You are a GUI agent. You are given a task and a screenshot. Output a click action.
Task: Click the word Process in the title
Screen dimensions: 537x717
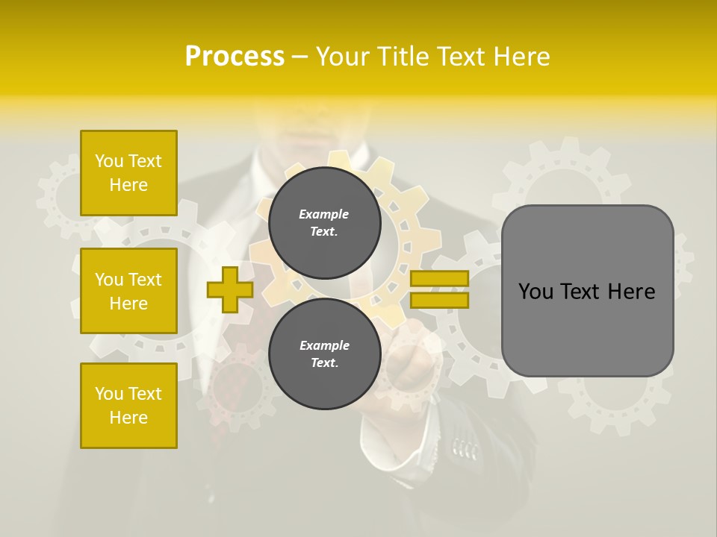[x=235, y=57]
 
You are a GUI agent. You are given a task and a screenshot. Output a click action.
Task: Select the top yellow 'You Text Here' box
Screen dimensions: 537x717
[x=128, y=173]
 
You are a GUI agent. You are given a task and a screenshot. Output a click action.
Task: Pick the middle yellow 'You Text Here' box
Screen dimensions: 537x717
[x=128, y=291]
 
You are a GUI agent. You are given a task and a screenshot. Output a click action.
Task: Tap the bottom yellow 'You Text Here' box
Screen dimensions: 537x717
[x=128, y=406]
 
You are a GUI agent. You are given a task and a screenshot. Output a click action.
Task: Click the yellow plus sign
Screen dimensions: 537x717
[x=230, y=289]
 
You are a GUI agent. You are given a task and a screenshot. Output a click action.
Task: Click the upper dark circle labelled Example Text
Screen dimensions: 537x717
[x=324, y=222]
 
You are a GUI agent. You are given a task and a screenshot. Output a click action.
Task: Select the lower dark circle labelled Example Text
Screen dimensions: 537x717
[x=324, y=354]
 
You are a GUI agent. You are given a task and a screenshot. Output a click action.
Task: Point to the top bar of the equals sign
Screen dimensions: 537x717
[x=439, y=279]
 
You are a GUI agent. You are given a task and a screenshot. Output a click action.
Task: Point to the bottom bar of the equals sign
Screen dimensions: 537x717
[x=439, y=300]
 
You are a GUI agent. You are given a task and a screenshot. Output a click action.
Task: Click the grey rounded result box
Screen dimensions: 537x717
[x=587, y=291]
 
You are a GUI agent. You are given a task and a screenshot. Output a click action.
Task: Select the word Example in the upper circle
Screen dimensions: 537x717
[x=324, y=214]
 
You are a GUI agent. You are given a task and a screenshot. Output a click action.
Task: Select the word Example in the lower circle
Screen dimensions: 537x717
[x=324, y=345]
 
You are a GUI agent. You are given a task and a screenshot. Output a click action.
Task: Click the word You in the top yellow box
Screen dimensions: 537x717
[x=109, y=161]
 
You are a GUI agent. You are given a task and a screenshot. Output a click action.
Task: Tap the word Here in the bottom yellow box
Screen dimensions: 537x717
[x=128, y=418]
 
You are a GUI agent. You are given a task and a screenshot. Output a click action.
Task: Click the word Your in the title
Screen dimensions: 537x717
[x=342, y=57]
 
